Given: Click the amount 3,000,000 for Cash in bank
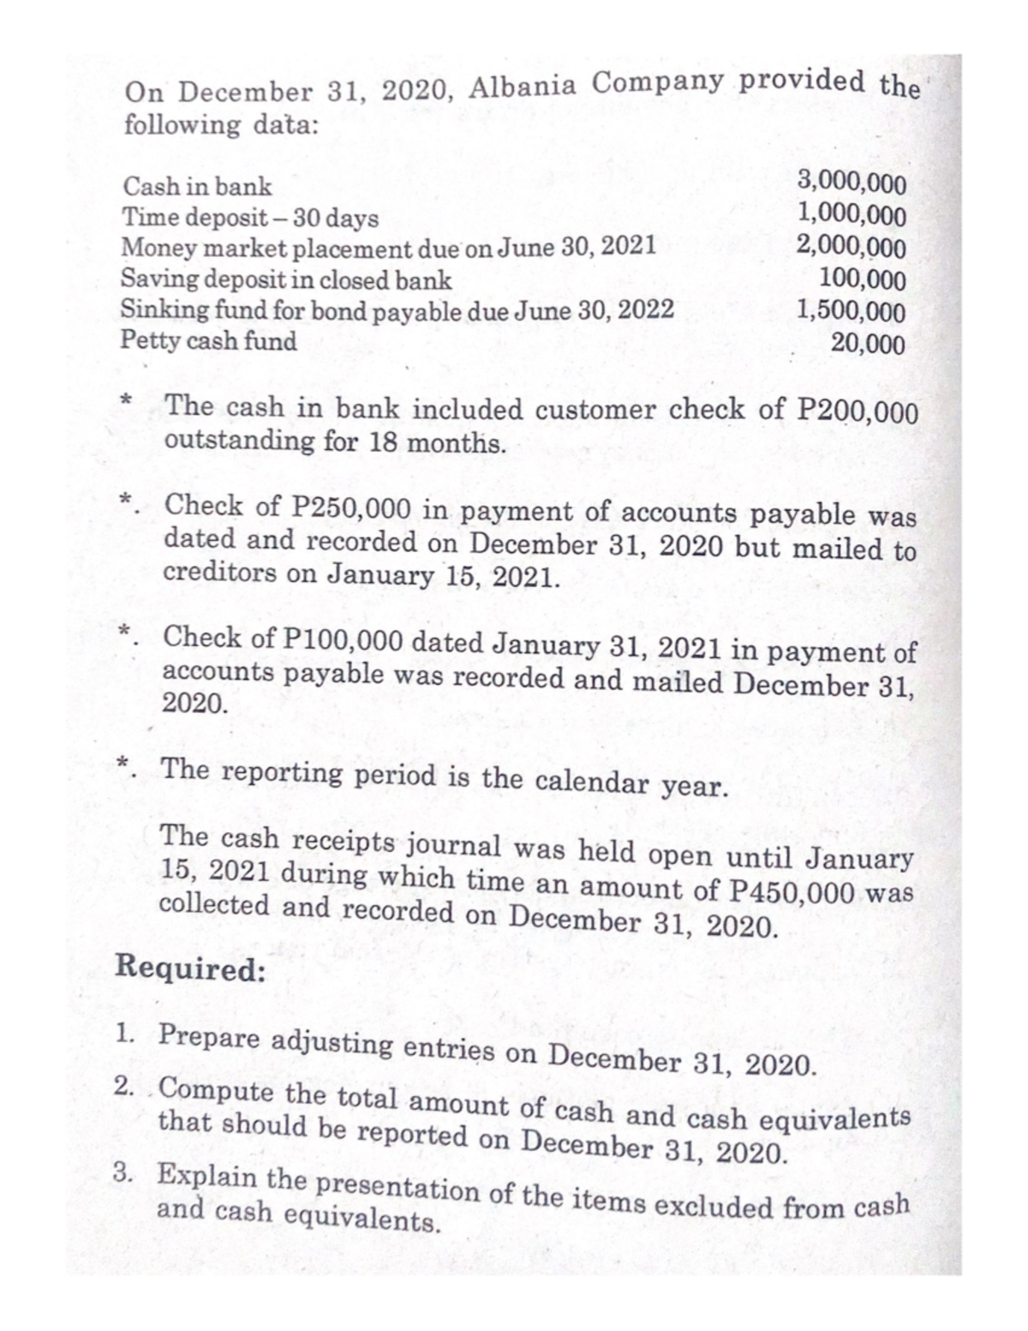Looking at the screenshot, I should [x=851, y=182].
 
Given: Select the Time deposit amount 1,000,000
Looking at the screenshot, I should [x=851, y=213].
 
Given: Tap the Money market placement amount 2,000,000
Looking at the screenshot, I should [x=851, y=246].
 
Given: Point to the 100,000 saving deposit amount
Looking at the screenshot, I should [x=862, y=279].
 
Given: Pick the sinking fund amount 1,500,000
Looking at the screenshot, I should [x=851, y=310].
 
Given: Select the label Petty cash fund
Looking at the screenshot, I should [x=209, y=340].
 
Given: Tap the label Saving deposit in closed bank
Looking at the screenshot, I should [x=287, y=279].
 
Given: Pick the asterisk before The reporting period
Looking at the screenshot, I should [x=125, y=762].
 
